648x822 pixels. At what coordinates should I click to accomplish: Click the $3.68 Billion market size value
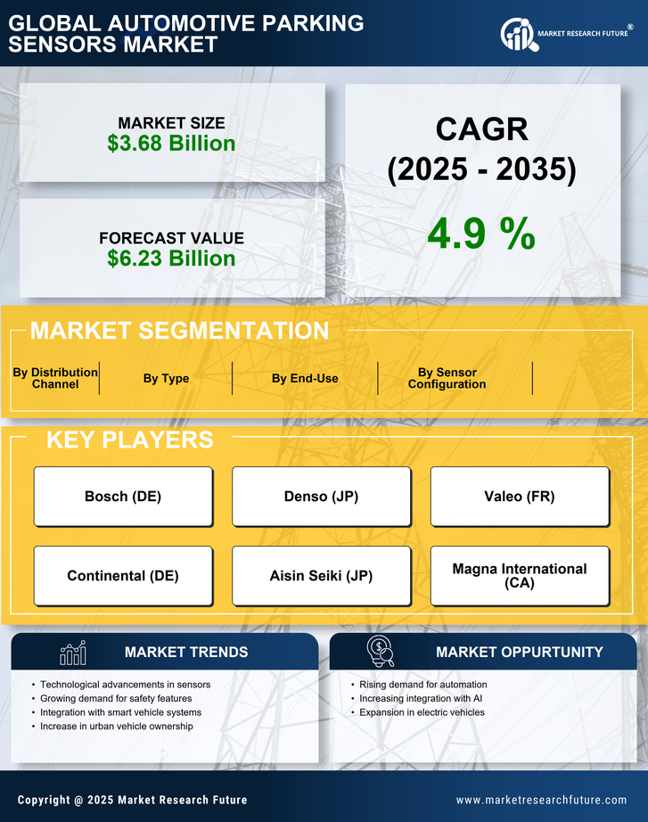click(x=171, y=144)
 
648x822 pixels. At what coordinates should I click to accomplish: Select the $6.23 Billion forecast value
click(x=171, y=259)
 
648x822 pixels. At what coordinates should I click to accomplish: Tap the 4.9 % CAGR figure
click(x=481, y=234)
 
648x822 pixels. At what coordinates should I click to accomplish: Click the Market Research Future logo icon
click(x=517, y=35)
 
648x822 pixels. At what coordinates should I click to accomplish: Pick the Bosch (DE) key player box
click(x=123, y=497)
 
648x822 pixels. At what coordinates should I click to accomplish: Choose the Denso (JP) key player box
click(x=322, y=497)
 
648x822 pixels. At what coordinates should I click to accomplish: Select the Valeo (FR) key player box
click(x=520, y=497)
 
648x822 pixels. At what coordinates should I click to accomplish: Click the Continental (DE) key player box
click(x=123, y=576)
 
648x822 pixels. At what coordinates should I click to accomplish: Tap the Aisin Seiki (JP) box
click(x=322, y=576)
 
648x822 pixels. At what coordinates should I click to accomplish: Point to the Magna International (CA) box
click(x=520, y=576)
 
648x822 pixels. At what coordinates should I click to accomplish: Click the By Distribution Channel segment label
click(x=55, y=378)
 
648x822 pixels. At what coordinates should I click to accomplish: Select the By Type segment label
click(x=166, y=378)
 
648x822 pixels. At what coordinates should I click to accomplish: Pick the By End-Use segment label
click(x=305, y=378)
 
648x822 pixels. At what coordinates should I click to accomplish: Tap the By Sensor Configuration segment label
click(x=447, y=378)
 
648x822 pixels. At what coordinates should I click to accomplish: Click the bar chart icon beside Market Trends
click(x=73, y=653)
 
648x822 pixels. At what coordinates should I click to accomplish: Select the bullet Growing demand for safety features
click(x=116, y=699)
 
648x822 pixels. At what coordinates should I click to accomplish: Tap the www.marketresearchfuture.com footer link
click(x=541, y=800)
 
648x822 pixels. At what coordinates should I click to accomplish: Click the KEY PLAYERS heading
click(x=129, y=440)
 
